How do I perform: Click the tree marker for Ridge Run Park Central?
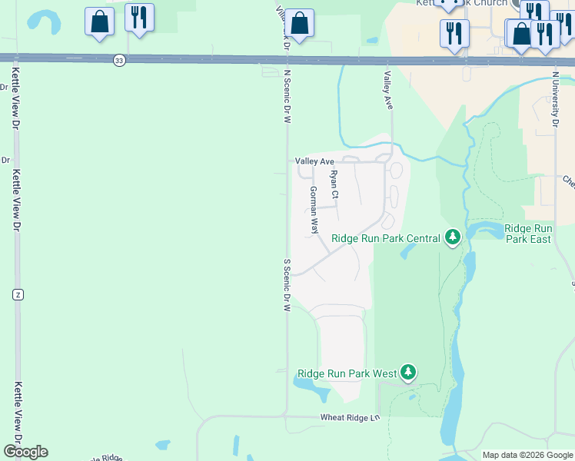coord(454,237)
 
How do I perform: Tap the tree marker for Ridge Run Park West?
coord(408,373)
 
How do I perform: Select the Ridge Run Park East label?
coord(528,234)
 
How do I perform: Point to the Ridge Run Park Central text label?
coord(385,238)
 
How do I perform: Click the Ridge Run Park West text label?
coord(346,374)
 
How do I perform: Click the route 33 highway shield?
coord(119,60)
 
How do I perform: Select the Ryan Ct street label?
coord(334,184)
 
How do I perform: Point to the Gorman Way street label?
coord(314,210)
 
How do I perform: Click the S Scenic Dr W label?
coord(287,284)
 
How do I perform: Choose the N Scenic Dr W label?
coord(287,96)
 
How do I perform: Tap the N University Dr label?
coord(555,99)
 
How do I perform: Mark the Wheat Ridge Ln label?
coord(351,417)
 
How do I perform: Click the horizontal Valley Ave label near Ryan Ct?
coord(315,161)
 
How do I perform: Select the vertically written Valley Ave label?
coord(388,91)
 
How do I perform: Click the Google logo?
coord(25,452)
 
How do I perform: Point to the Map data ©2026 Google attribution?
coord(527,455)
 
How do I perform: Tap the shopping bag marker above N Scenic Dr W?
coord(301,24)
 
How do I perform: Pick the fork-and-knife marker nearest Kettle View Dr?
coord(139,18)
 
